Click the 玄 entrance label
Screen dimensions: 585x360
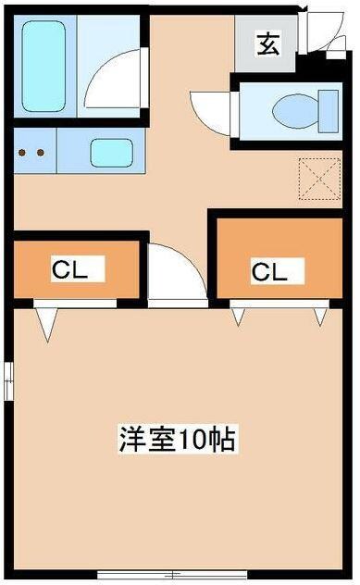(267, 44)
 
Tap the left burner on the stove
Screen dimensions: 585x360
(24, 153)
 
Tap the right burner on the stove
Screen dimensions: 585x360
(42, 153)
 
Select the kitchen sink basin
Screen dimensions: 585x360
(111, 151)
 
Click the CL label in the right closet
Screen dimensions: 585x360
(265, 271)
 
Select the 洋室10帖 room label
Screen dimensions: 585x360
(177, 438)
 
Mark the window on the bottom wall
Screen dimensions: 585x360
(176, 575)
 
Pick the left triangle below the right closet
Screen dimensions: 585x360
(239, 317)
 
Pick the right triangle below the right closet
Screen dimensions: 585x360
(320, 317)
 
